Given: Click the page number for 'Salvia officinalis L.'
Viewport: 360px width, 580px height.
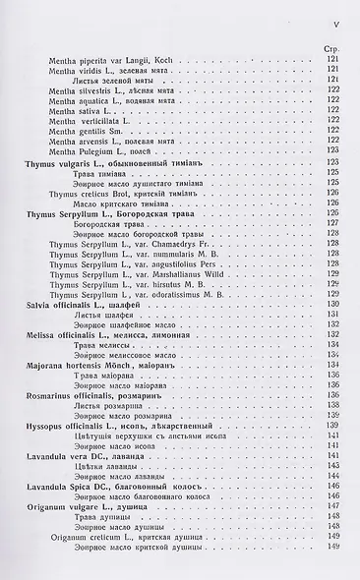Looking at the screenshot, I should coord(331,305).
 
